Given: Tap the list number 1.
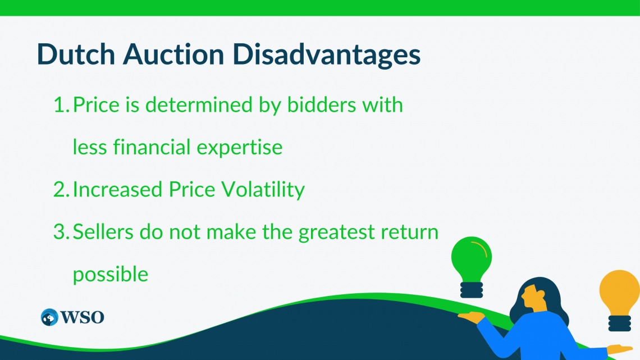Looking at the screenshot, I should pos(60,105).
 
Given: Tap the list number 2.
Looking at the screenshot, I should pos(60,190).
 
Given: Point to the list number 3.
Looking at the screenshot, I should pos(60,232).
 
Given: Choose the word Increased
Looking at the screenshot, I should pos(117,190).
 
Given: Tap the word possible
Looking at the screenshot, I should pos(111,275).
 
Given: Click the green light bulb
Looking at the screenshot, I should pos(472,262).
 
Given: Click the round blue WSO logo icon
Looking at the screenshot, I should pos(49,317).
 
